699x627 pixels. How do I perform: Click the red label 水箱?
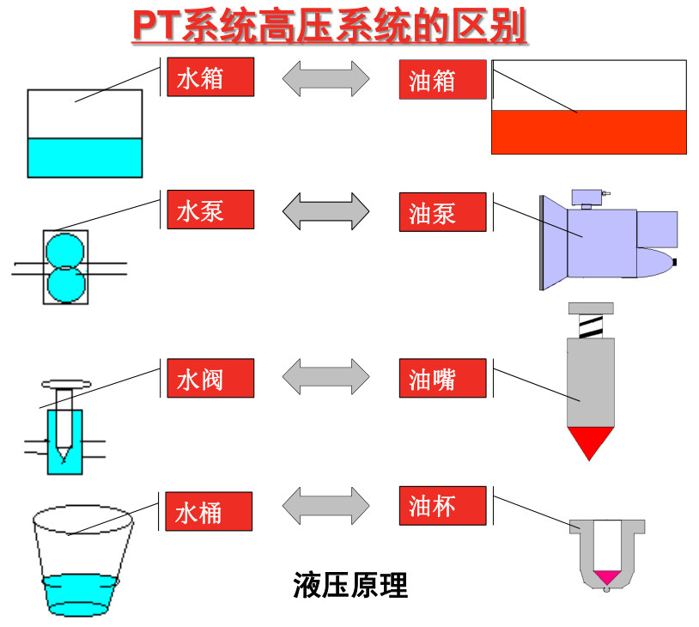[210, 76]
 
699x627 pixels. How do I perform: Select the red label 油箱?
[442, 79]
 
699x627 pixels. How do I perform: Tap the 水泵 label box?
[210, 210]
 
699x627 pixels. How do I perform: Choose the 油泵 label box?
[442, 212]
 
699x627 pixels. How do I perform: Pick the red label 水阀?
[210, 378]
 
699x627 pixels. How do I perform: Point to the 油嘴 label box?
[442, 378]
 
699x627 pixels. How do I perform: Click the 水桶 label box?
[209, 511]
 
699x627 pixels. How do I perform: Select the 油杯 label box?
[442, 506]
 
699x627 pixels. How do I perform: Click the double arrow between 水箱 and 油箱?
[325, 78]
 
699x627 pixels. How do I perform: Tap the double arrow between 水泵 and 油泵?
[325, 211]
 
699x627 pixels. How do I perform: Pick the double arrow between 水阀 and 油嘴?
[325, 376]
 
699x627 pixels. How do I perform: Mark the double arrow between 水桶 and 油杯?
[325, 505]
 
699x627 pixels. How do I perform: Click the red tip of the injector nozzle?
[590, 439]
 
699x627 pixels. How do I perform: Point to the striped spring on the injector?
[591, 326]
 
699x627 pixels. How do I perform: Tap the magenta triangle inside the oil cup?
[607, 576]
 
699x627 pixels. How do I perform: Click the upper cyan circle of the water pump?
[65, 251]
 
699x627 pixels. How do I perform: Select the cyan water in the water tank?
[85, 157]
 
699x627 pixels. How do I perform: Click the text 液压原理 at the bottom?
[350, 585]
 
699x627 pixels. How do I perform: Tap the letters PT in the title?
[157, 26]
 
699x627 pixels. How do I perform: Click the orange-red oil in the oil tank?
[589, 132]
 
